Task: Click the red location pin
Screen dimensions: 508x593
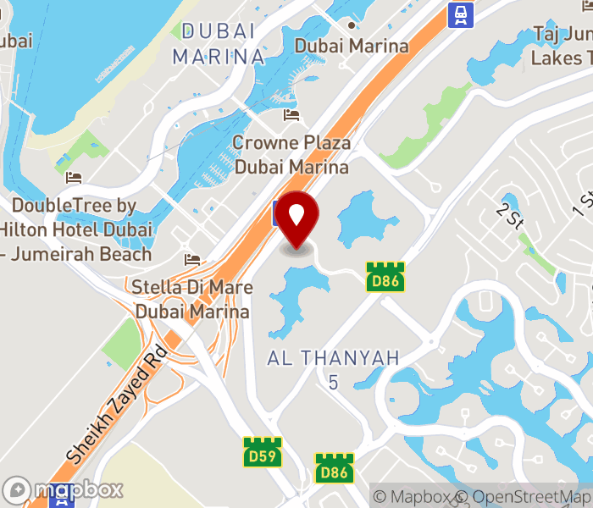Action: (x=297, y=219)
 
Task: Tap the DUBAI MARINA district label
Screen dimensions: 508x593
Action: (x=219, y=44)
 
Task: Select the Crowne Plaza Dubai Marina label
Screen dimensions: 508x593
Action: (x=291, y=155)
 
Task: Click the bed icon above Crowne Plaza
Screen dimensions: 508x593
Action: (x=292, y=115)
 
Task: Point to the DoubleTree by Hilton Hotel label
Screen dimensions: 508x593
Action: (x=76, y=229)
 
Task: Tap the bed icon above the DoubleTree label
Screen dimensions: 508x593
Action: (x=74, y=178)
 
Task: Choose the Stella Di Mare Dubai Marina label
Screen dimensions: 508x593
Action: (x=192, y=300)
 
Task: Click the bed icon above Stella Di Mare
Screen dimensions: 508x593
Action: (x=193, y=258)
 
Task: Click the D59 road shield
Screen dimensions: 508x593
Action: (x=262, y=450)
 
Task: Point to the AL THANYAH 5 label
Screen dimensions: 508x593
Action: (x=333, y=369)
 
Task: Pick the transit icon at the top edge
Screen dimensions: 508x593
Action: (x=460, y=13)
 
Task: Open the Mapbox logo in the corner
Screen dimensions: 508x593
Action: (x=64, y=489)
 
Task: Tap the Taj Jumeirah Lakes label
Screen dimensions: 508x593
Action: (x=562, y=47)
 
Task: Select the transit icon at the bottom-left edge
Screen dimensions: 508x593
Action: (x=61, y=500)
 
